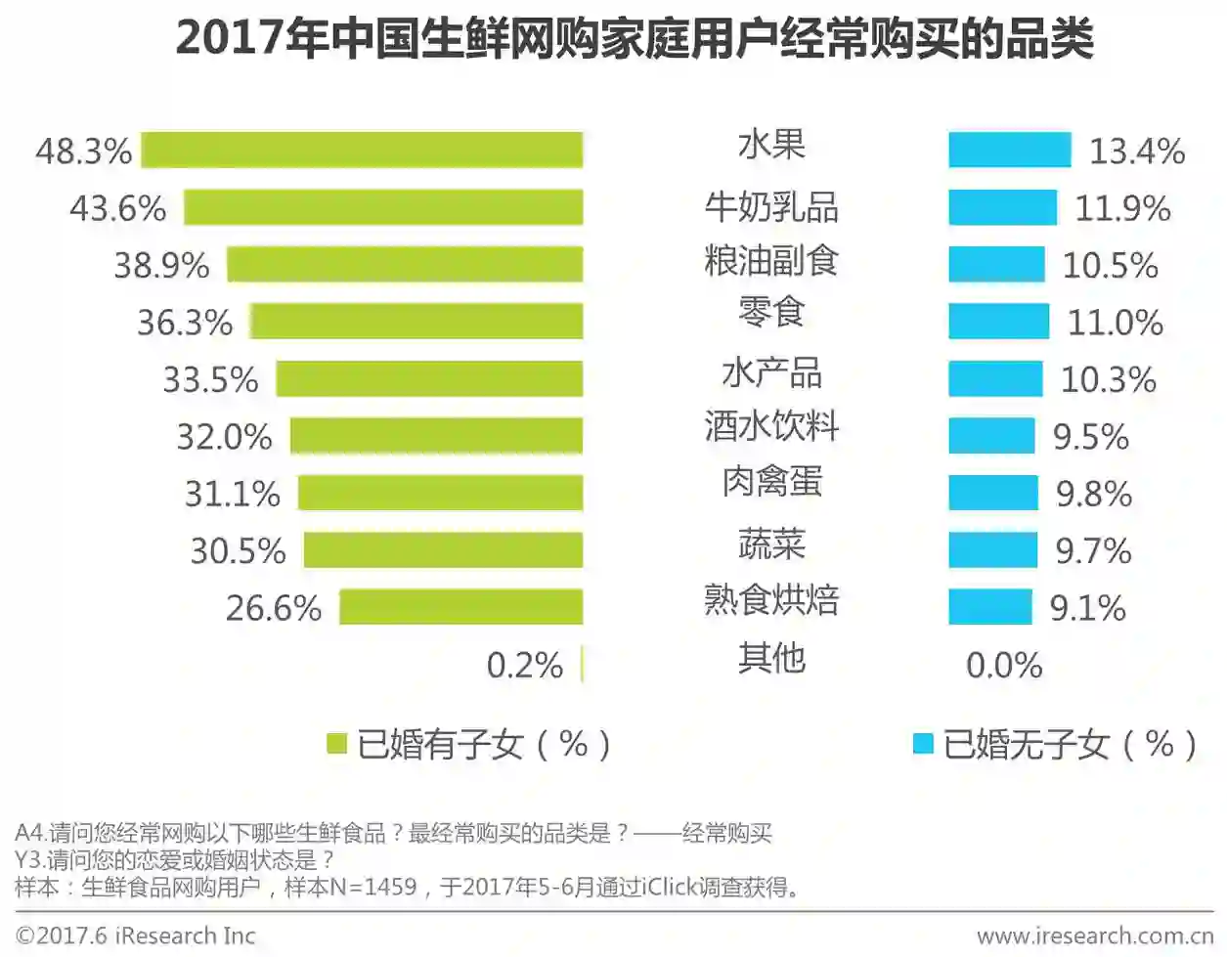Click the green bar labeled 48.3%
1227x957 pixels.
[x=362, y=151]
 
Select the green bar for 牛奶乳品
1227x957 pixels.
[x=383, y=207]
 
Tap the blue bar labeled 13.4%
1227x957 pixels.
[x=1009, y=151]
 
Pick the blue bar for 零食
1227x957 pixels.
[x=998, y=322]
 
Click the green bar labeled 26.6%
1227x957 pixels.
[x=460, y=607]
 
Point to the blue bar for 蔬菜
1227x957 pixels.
[x=992, y=550]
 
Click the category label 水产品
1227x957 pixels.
[x=771, y=373]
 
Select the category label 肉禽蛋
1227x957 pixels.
[x=771, y=482]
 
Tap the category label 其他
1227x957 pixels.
[x=771, y=658]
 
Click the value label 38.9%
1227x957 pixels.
[x=161, y=265]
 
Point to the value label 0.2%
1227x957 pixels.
[x=525, y=666]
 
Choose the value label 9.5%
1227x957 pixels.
[x=1091, y=437]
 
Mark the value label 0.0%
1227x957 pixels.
[x=1004, y=666]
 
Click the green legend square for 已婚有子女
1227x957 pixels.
[x=336, y=744]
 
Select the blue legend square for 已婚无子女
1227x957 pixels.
[x=922, y=744]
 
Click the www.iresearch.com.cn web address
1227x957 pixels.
[x=1094, y=935]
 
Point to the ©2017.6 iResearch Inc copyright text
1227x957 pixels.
[x=136, y=935]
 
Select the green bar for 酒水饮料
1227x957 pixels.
[x=436, y=436]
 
